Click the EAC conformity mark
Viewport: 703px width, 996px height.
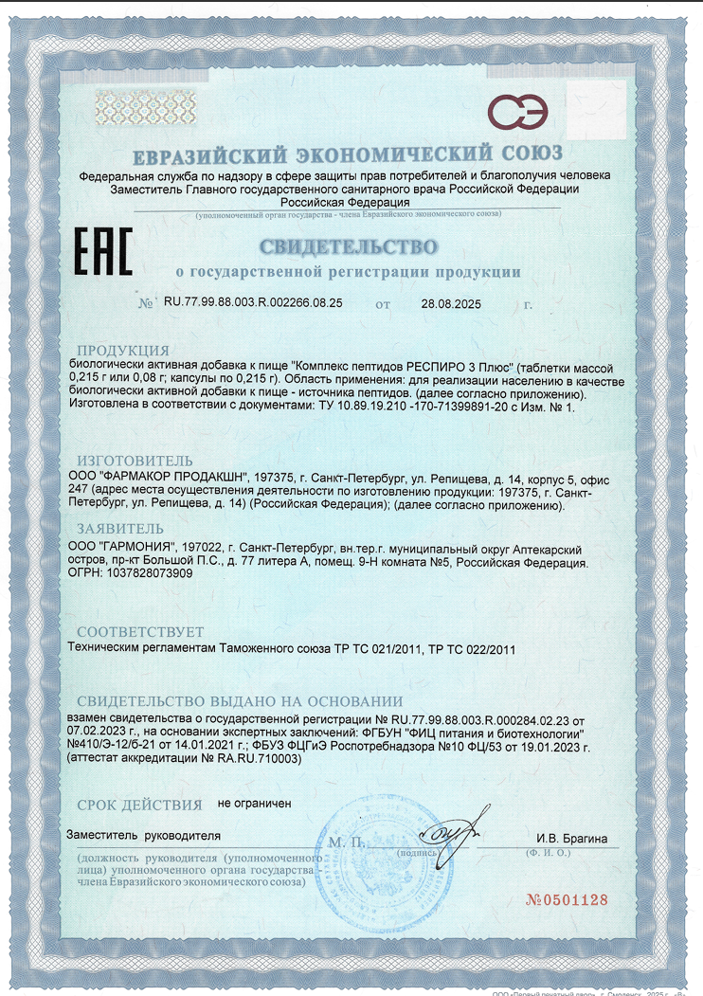(x=102, y=251)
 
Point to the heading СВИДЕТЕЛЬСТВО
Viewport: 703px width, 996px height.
(x=349, y=248)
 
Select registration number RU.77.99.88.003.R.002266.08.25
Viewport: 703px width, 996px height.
(x=253, y=303)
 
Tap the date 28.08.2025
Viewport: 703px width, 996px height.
(x=451, y=304)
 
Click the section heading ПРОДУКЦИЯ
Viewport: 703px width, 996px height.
(x=123, y=350)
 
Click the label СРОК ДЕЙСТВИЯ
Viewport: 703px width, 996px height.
(x=139, y=806)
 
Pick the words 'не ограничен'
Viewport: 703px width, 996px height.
(x=255, y=803)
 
